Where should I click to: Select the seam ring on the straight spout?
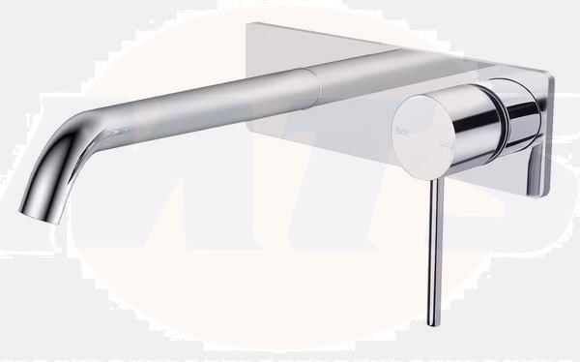point(316,88)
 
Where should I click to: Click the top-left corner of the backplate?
point(248,26)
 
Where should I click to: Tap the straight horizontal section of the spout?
point(213,97)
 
